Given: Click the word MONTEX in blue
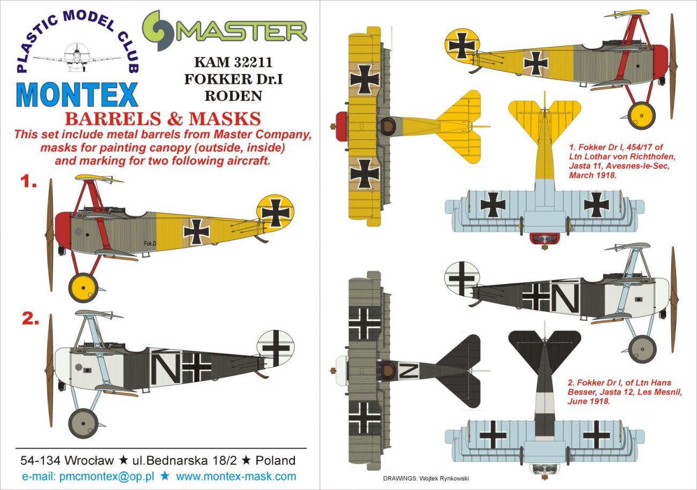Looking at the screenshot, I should tap(78, 95).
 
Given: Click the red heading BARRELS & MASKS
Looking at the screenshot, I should tap(163, 118).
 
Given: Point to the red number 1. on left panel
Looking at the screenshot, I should tap(28, 183).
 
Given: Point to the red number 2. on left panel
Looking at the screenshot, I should tap(30, 319).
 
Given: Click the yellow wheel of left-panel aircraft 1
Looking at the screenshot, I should tap(84, 288).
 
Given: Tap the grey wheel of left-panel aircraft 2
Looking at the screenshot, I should tap(84, 423).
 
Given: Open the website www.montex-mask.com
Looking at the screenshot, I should tap(236, 476).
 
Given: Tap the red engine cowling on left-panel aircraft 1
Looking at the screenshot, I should tap(63, 230).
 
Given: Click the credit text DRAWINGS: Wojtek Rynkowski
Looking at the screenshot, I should tap(426, 479).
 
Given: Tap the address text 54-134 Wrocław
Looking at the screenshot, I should tap(66, 461).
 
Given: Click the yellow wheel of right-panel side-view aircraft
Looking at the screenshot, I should tap(641, 114).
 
